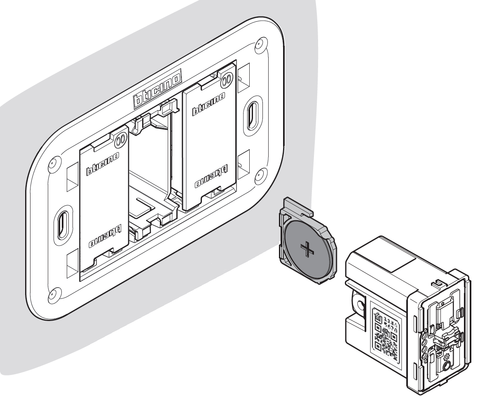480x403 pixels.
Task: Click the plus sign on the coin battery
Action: coord(307,250)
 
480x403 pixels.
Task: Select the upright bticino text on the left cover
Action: coord(103,166)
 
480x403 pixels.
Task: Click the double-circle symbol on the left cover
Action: coord(119,140)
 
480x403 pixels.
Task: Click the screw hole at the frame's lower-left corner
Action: coord(52,293)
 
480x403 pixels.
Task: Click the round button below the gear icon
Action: coord(445,366)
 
